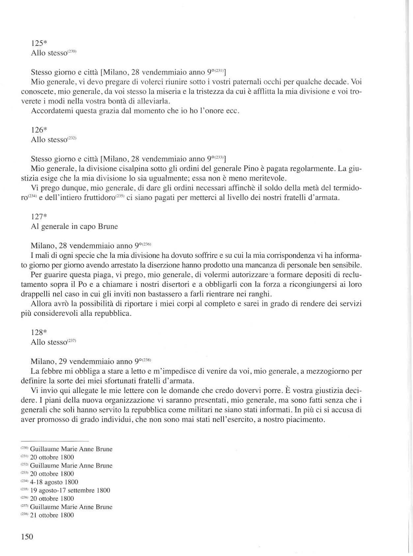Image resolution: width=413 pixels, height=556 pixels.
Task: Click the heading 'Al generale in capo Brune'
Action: [74, 226]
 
